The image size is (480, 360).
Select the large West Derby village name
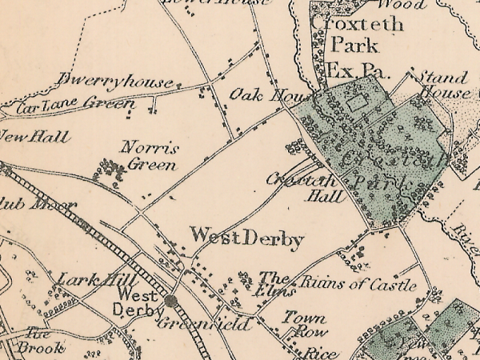[x=246, y=238]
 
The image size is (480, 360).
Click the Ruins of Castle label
[x=358, y=285]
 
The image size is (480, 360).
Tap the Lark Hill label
[x=89, y=280]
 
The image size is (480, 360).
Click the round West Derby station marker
[x=171, y=301]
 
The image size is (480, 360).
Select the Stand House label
[x=442, y=85]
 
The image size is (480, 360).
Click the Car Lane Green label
[x=76, y=104]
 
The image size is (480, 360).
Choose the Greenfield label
[x=204, y=324]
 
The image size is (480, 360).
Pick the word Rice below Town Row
[x=317, y=353]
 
